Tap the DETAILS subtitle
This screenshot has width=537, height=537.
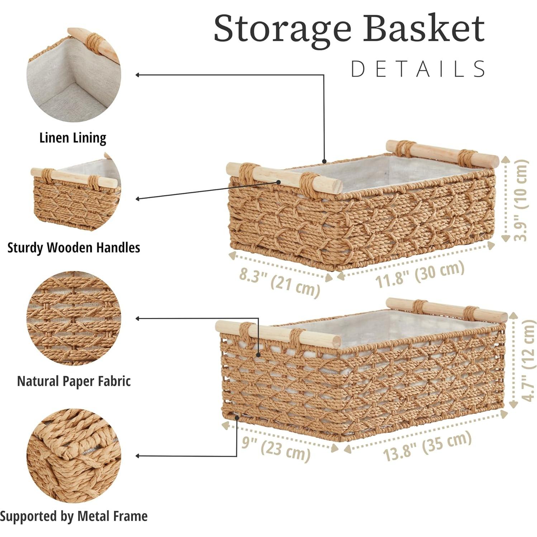[x=418, y=69]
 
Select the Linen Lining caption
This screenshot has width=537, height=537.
[x=73, y=138]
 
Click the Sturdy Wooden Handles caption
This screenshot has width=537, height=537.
[x=74, y=248]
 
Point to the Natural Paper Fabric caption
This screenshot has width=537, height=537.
[x=74, y=381]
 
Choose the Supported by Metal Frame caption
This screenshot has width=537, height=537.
[x=74, y=516]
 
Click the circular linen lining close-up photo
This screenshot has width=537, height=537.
[x=74, y=74]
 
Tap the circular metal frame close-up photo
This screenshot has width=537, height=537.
[x=74, y=456]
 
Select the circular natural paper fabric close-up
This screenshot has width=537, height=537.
[x=74, y=318]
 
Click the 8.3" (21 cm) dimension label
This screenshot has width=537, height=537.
[x=280, y=282]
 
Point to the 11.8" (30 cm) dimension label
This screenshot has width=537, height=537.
[x=420, y=275]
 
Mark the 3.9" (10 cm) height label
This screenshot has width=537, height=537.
[x=521, y=200]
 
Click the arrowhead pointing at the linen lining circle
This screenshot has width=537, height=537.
[x=138, y=75]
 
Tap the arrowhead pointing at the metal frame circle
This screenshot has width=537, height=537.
[x=138, y=456]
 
